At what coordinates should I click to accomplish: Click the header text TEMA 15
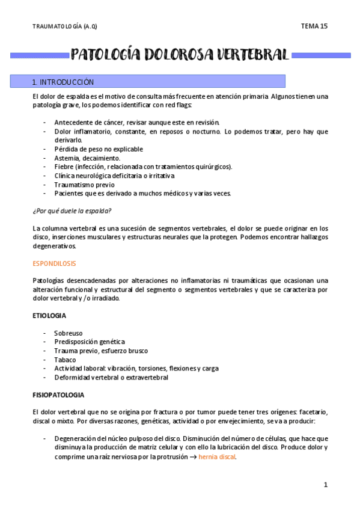[314, 26]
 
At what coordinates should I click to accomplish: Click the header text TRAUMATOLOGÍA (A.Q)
[64, 26]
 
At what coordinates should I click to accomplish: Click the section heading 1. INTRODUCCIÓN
[63, 82]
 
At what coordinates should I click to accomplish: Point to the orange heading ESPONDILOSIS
[54, 263]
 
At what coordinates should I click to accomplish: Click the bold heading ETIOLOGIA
[49, 315]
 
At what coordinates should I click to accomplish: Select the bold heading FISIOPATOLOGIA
[58, 395]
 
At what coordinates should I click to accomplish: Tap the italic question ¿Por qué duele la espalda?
[72, 210]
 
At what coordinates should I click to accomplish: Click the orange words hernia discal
[217, 457]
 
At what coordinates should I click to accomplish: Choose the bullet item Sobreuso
[69, 333]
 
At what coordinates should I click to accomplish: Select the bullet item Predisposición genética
[90, 342]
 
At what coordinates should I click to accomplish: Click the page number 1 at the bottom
[325, 485]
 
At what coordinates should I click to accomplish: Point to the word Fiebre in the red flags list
[64, 167]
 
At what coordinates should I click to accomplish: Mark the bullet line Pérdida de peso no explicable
[99, 149]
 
